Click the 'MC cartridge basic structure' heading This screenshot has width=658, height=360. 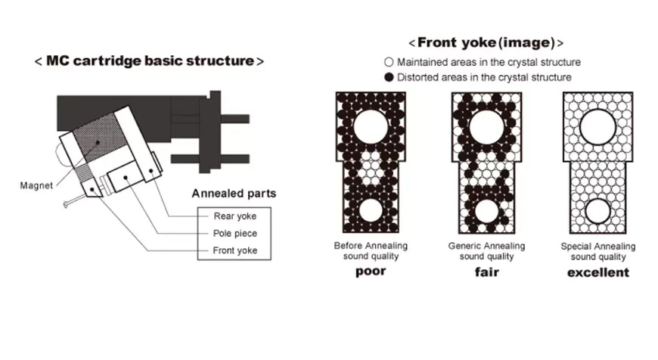pyautogui.click(x=149, y=61)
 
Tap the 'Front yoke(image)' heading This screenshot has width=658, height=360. pyautogui.click(x=486, y=43)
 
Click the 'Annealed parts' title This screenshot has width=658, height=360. pyautogui.click(x=234, y=194)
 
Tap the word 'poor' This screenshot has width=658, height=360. pyautogui.click(x=370, y=271)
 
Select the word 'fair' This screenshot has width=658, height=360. pyautogui.click(x=486, y=272)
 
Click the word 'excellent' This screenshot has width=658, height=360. pyautogui.click(x=597, y=272)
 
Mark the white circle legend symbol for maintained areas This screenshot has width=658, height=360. pyautogui.click(x=389, y=62)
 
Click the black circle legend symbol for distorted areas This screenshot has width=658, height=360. pyautogui.click(x=389, y=77)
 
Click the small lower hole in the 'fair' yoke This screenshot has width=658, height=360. pyautogui.click(x=486, y=212)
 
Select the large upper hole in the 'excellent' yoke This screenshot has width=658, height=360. pyautogui.click(x=597, y=125)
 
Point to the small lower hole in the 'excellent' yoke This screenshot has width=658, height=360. pyautogui.click(x=597, y=212)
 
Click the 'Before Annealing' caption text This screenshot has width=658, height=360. pyautogui.click(x=371, y=246)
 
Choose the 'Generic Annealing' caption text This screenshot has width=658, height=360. pyautogui.click(x=486, y=246)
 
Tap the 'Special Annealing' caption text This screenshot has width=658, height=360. pyautogui.click(x=597, y=246)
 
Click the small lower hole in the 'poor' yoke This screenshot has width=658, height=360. pyautogui.click(x=371, y=212)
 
